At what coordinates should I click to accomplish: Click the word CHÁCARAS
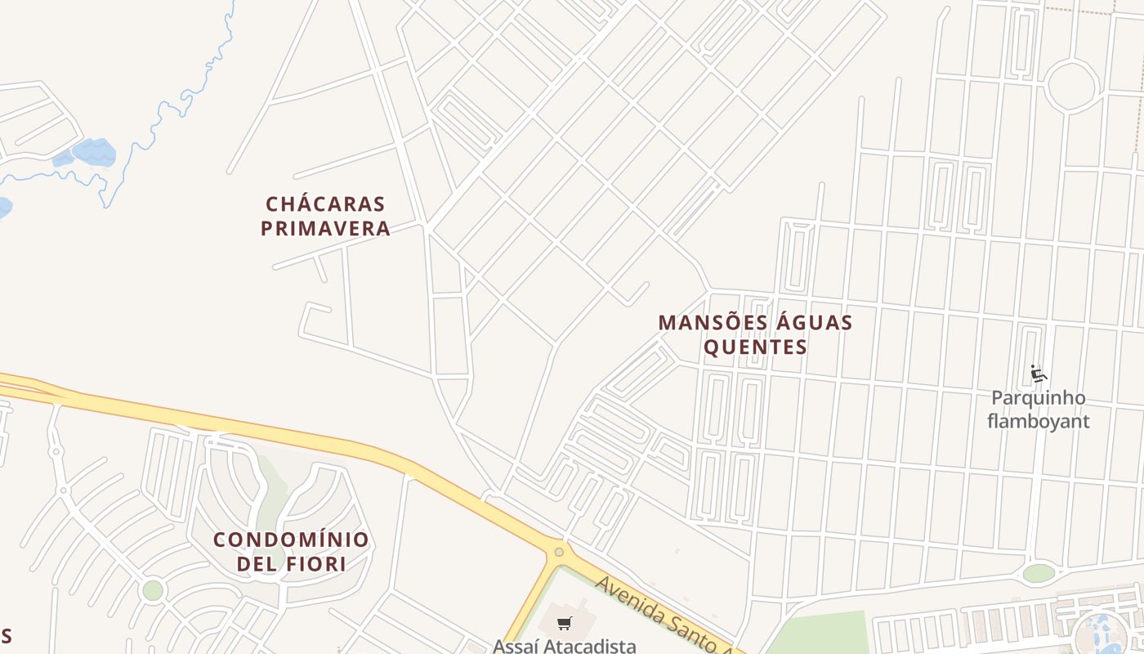pos(325,204)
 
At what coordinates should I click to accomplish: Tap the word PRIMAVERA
pos(325,229)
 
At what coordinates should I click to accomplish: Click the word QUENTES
pos(755,347)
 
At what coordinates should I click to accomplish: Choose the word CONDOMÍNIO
pos(291,540)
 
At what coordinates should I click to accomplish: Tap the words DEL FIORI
pos(291,564)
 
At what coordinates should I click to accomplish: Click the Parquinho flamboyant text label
pos(1039,410)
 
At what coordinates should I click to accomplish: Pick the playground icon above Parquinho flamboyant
pos(1039,374)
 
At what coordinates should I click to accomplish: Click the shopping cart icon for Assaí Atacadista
pos(564,624)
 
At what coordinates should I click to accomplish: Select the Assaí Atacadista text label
pos(564,646)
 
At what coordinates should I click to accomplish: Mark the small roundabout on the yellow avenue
pos(559,552)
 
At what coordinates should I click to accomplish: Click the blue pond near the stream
pos(93,152)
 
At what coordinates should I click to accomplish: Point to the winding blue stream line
pos(163,114)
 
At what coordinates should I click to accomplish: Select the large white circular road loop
pos(1070,86)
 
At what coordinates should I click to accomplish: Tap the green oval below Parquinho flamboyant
pos(1039,573)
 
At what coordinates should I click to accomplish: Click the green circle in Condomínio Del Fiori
pos(153,589)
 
